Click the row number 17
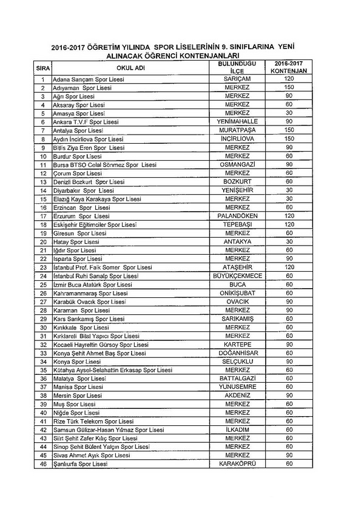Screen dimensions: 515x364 (x=43, y=216)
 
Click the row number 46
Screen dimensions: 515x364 (x=43, y=464)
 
